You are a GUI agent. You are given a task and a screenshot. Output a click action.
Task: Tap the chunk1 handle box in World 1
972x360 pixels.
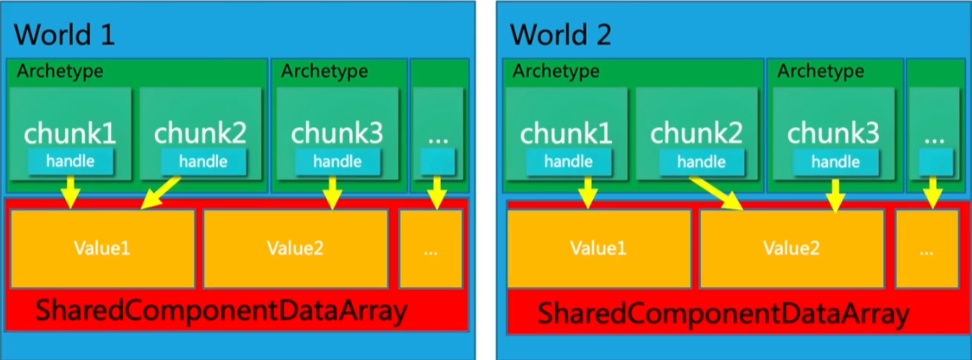[69, 161]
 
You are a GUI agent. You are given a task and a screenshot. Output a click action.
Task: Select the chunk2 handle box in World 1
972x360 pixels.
[203, 161]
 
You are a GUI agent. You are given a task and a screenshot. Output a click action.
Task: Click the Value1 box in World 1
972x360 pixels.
[102, 248]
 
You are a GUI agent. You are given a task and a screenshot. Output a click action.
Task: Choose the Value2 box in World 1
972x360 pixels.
[296, 248]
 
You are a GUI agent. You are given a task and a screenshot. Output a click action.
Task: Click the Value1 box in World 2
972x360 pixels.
[598, 248]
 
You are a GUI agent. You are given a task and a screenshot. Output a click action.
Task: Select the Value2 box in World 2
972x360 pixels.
[791, 248]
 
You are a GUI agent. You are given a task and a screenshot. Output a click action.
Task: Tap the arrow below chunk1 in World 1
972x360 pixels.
[70, 191]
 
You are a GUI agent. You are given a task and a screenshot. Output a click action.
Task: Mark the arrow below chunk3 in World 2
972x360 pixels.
[836, 193]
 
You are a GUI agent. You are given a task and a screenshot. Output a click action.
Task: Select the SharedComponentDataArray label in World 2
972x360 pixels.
[723, 314]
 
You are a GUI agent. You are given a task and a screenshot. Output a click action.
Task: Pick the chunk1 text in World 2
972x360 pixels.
[567, 133]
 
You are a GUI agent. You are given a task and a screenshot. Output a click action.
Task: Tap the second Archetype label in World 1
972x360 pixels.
[325, 71]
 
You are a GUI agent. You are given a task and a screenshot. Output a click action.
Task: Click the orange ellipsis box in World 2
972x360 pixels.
[927, 248]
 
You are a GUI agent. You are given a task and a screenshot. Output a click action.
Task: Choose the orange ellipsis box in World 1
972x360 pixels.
[430, 248]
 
